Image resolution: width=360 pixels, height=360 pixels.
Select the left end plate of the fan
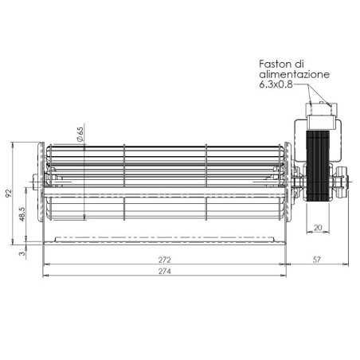[x=41, y=191]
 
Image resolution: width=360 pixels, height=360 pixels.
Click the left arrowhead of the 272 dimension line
[x=45, y=264]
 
